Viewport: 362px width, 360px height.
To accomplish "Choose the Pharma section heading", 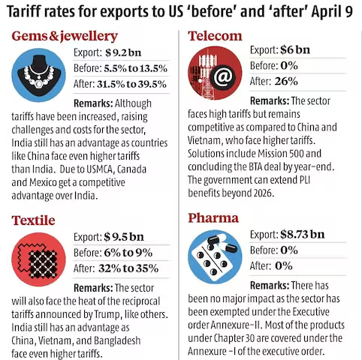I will point(214,219).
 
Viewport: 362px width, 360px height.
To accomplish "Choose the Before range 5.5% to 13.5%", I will point(140,67).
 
